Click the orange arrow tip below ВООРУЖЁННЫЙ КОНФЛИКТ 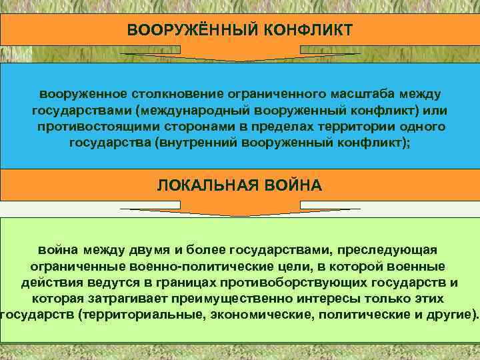[241, 59]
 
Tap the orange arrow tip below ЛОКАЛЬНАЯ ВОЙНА [241, 213]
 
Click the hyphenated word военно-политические [187, 265]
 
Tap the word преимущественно [221, 298]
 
